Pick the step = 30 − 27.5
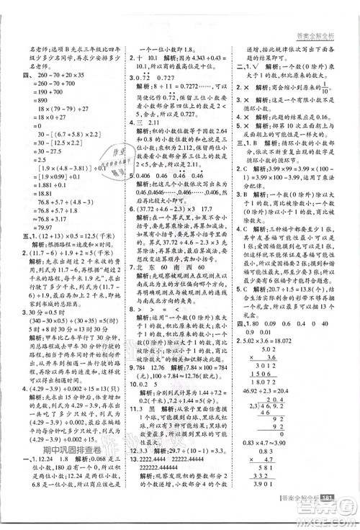(x=43, y=151)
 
